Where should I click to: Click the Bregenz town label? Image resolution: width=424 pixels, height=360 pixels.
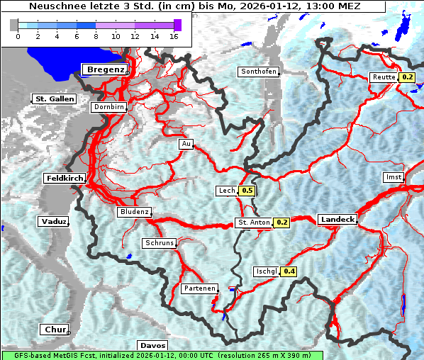[106, 69]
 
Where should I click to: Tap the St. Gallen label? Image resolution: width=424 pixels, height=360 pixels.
[54, 99]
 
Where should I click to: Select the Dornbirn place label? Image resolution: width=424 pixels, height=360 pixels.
[108, 107]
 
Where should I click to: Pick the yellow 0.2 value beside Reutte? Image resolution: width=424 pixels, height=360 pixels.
[407, 77]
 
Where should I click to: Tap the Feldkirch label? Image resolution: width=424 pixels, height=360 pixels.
[64, 178]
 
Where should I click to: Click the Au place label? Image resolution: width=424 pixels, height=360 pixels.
[186, 144]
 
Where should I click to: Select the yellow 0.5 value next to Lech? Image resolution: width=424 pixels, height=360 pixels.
[247, 191]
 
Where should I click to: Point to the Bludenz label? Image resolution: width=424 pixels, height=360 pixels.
[134, 212]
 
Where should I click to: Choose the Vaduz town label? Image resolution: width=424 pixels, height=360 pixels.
[54, 222]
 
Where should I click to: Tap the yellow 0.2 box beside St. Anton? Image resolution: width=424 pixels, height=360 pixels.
[281, 223]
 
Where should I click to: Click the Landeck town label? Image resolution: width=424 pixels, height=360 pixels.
[337, 220]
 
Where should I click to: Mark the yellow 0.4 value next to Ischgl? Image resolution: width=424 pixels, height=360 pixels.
[289, 271]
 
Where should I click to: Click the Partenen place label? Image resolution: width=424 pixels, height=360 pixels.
[199, 288]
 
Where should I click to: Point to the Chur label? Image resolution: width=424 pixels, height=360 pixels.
[54, 330]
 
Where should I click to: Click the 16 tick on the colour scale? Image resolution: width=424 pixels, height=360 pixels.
[174, 36]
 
